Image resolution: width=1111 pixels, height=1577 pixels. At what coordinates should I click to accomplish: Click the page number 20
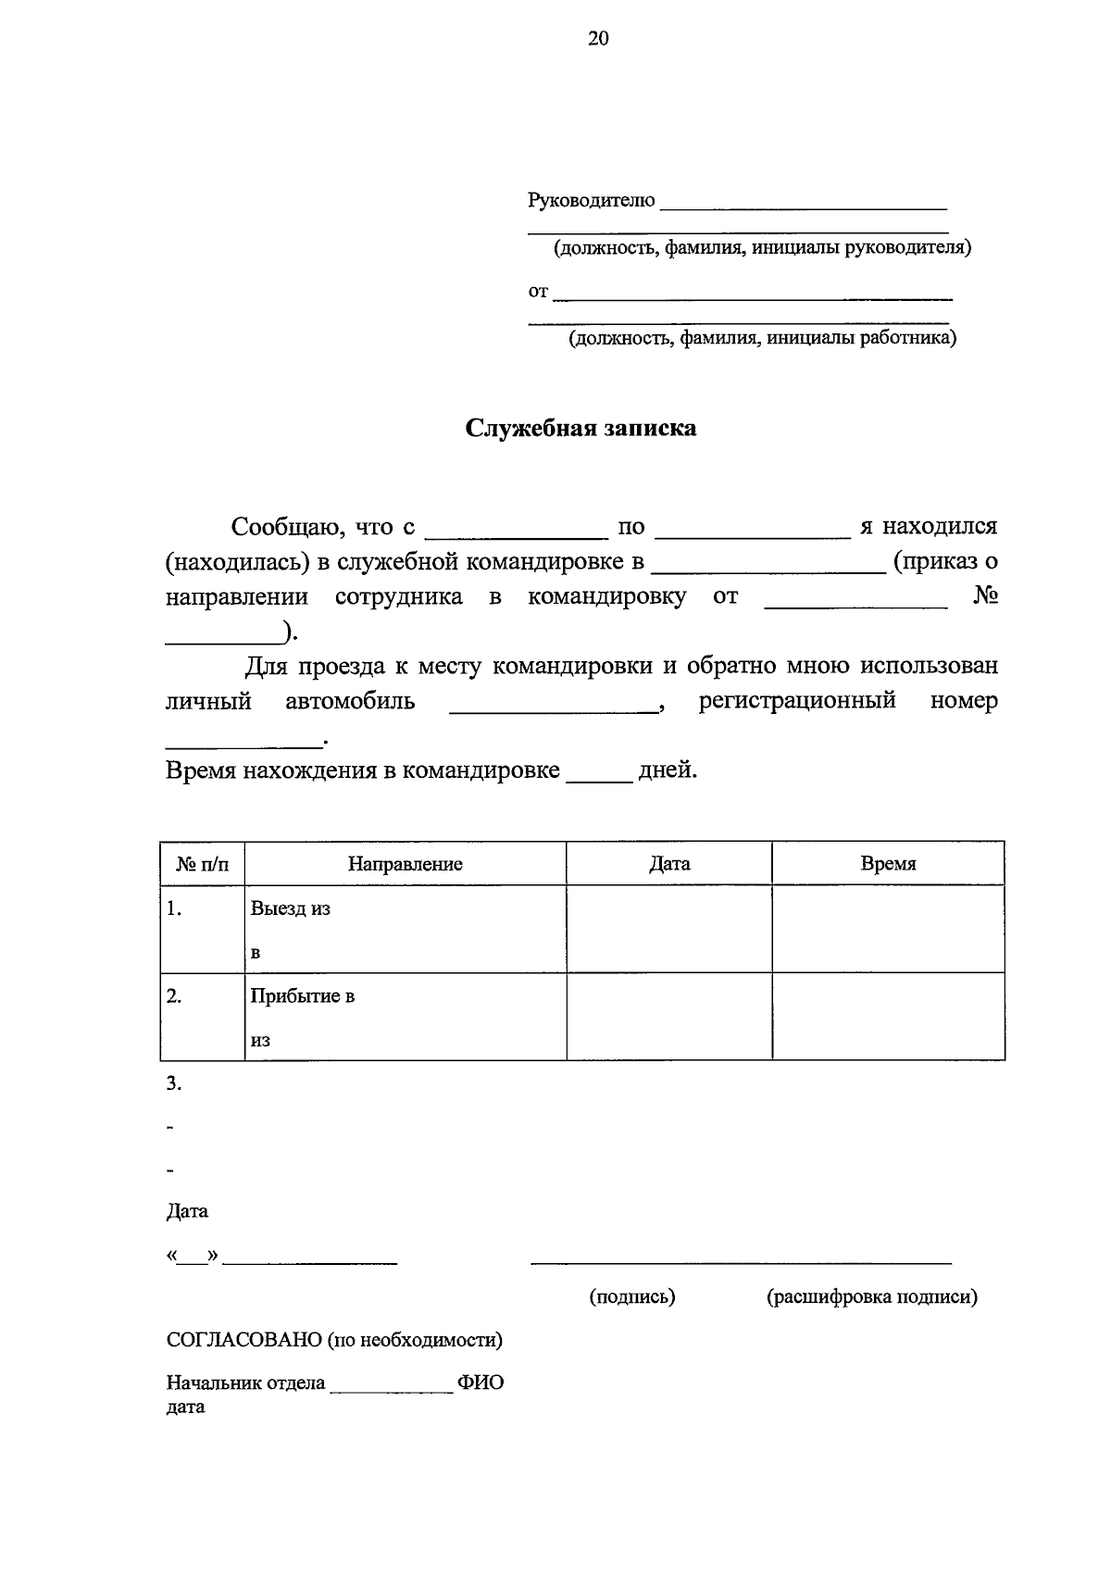[x=598, y=38]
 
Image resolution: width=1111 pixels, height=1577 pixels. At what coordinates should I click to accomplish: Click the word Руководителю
[x=591, y=200]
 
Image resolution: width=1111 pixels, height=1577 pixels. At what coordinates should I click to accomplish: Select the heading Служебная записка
[x=580, y=428]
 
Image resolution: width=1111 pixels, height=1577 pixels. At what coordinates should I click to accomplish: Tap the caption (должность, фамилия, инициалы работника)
[x=762, y=338]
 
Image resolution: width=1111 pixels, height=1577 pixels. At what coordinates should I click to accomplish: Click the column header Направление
[x=406, y=864]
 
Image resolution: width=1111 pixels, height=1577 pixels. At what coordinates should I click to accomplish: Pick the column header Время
[x=888, y=864]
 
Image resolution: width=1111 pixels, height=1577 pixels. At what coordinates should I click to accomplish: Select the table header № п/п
[x=202, y=864]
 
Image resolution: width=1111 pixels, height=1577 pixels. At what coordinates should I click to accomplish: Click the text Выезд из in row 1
[x=290, y=908]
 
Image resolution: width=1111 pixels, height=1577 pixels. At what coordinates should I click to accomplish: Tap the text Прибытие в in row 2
[x=302, y=996]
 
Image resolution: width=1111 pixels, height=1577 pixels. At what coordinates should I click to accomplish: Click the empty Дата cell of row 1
[x=668, y=929]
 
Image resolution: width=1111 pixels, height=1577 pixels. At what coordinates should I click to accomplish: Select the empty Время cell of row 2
[x=888, y=1016]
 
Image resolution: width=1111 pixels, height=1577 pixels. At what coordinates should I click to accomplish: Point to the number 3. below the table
[x=173, y=1083]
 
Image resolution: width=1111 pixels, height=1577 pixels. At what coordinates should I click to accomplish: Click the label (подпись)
[x=632, y=1296]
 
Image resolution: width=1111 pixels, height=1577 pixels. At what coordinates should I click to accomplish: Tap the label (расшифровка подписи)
[x=871, y=1296]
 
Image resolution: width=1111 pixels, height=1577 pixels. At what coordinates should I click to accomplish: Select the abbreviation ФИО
[x=481, y=1383]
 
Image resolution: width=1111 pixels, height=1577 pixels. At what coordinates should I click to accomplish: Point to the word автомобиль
[x=350, y=701]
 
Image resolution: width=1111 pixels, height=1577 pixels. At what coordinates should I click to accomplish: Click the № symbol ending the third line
[x=985, y=596]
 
